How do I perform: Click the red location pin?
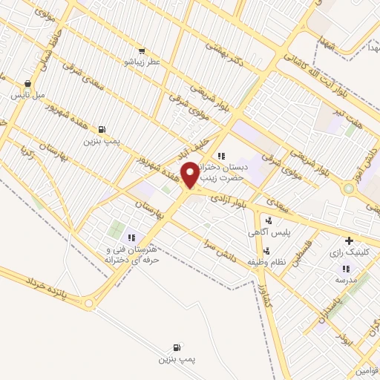pyautogui.click(x=190, y=175)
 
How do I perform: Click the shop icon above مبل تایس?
pyautogui.click(x=28, y=84)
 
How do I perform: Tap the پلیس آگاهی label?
pyautogui.click(x=268, y=232)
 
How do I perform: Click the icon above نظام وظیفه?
pyautogui.click(x=267, y=250)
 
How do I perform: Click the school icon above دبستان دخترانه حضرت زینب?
pyautogui.click(x=220, y=155)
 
